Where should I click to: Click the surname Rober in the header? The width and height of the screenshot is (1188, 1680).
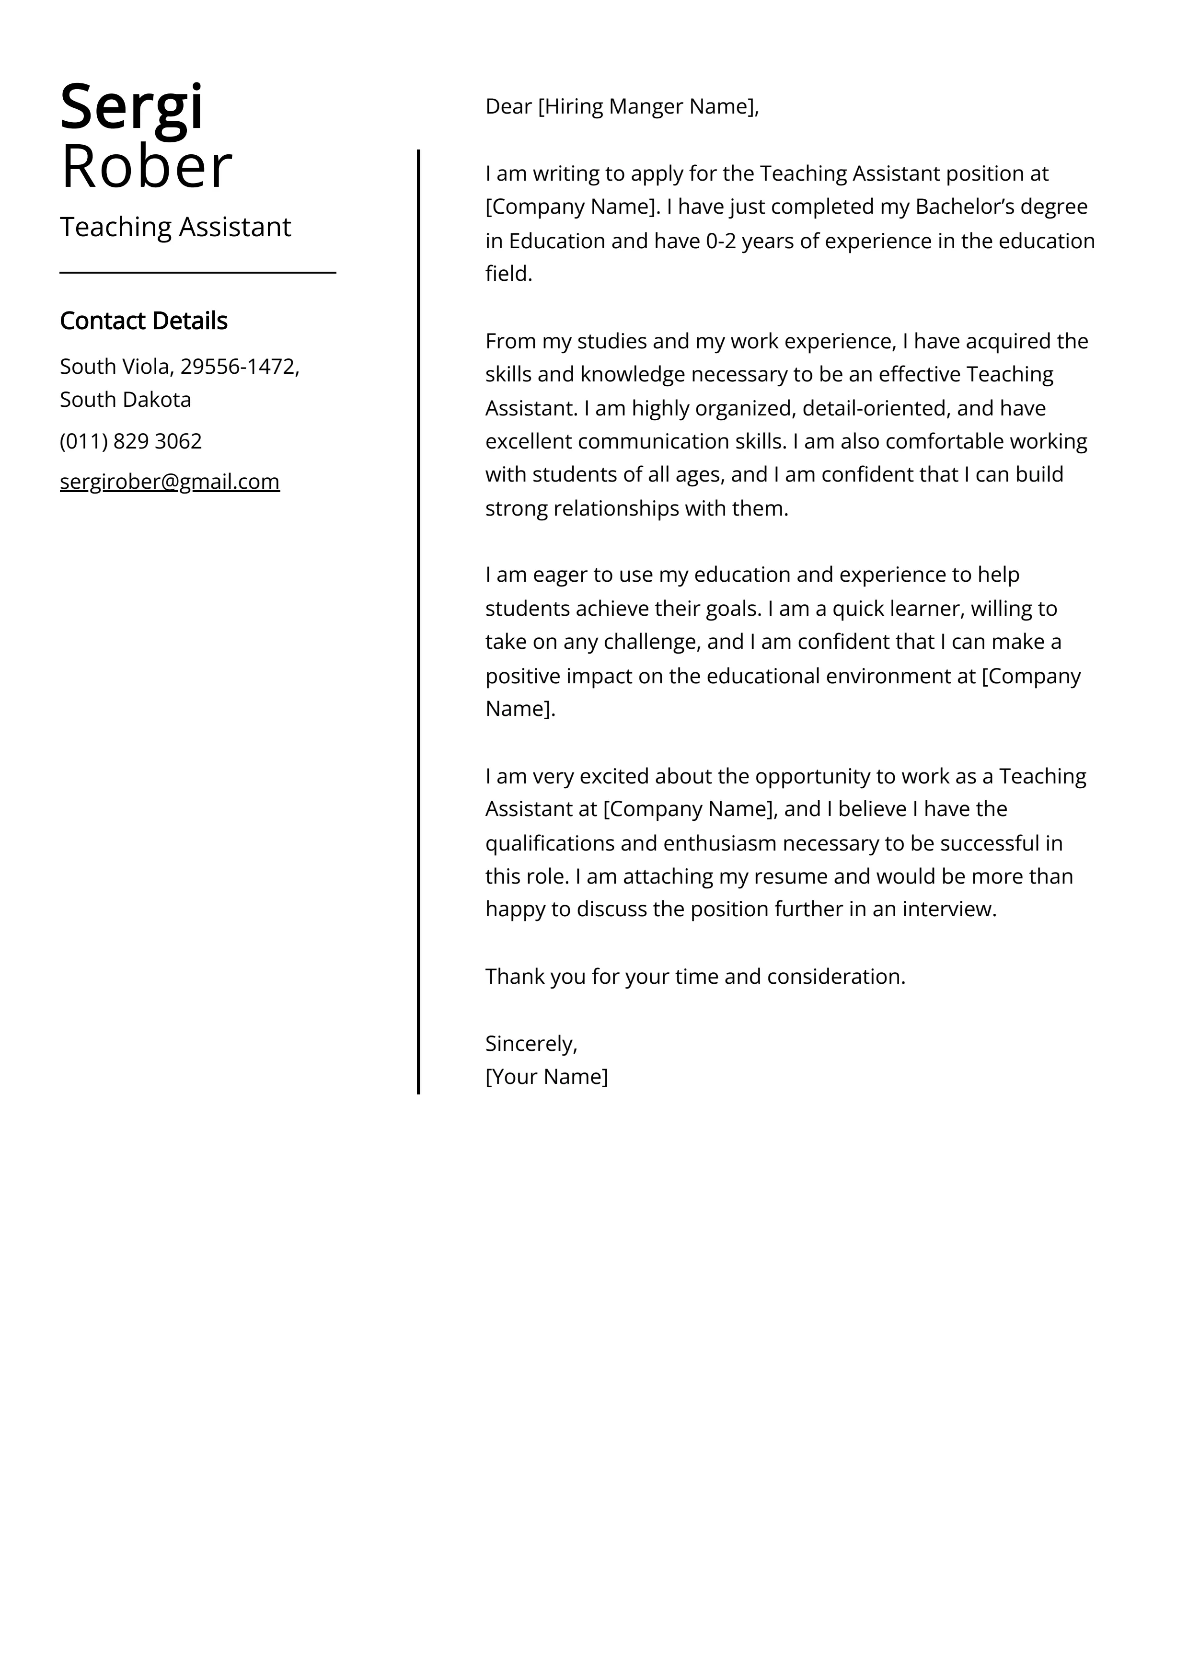(x=146, y=168)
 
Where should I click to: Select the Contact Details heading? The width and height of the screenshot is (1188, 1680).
(x=143, y=321)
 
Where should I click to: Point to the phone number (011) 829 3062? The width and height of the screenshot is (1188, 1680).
(x=130, y=441)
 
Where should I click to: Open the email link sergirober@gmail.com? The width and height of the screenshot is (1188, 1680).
(x=169, y=482)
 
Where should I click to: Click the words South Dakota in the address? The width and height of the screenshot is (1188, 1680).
(x=125, y=400)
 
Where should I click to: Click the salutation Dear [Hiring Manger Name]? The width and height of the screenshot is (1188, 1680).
(x=622, y=107)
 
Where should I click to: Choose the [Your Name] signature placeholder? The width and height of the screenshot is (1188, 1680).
(x=546, y=1076)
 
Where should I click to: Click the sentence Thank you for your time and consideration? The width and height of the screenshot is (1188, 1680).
(x=695, y=977)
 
